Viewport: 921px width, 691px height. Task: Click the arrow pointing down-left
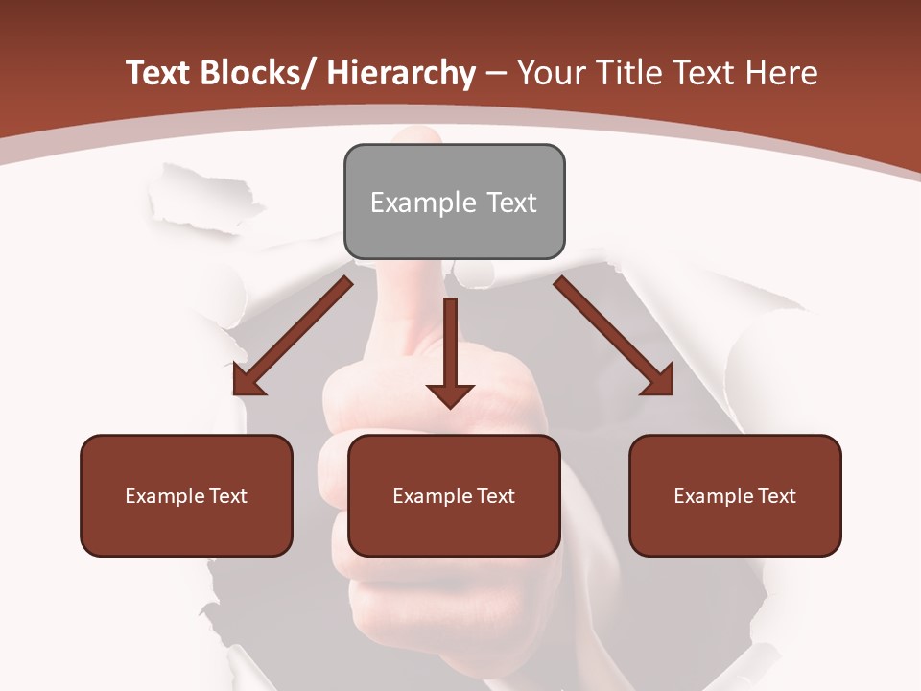pyautogui.click(x=293, y=337)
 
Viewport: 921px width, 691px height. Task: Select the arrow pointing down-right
pyautogui.click(x=614, y=337)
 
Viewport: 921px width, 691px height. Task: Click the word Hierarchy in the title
pyautogui.click(x=401, y=73)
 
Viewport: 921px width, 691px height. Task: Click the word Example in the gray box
pyautogui.click(x=423, y=203)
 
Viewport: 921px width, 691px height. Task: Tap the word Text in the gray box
pyautogui.click(x=510, y=203)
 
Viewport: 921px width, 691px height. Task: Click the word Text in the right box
pyautogui.click(x=777, y=496)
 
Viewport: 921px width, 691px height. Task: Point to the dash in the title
pyautogui.click(x=496, y=73)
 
